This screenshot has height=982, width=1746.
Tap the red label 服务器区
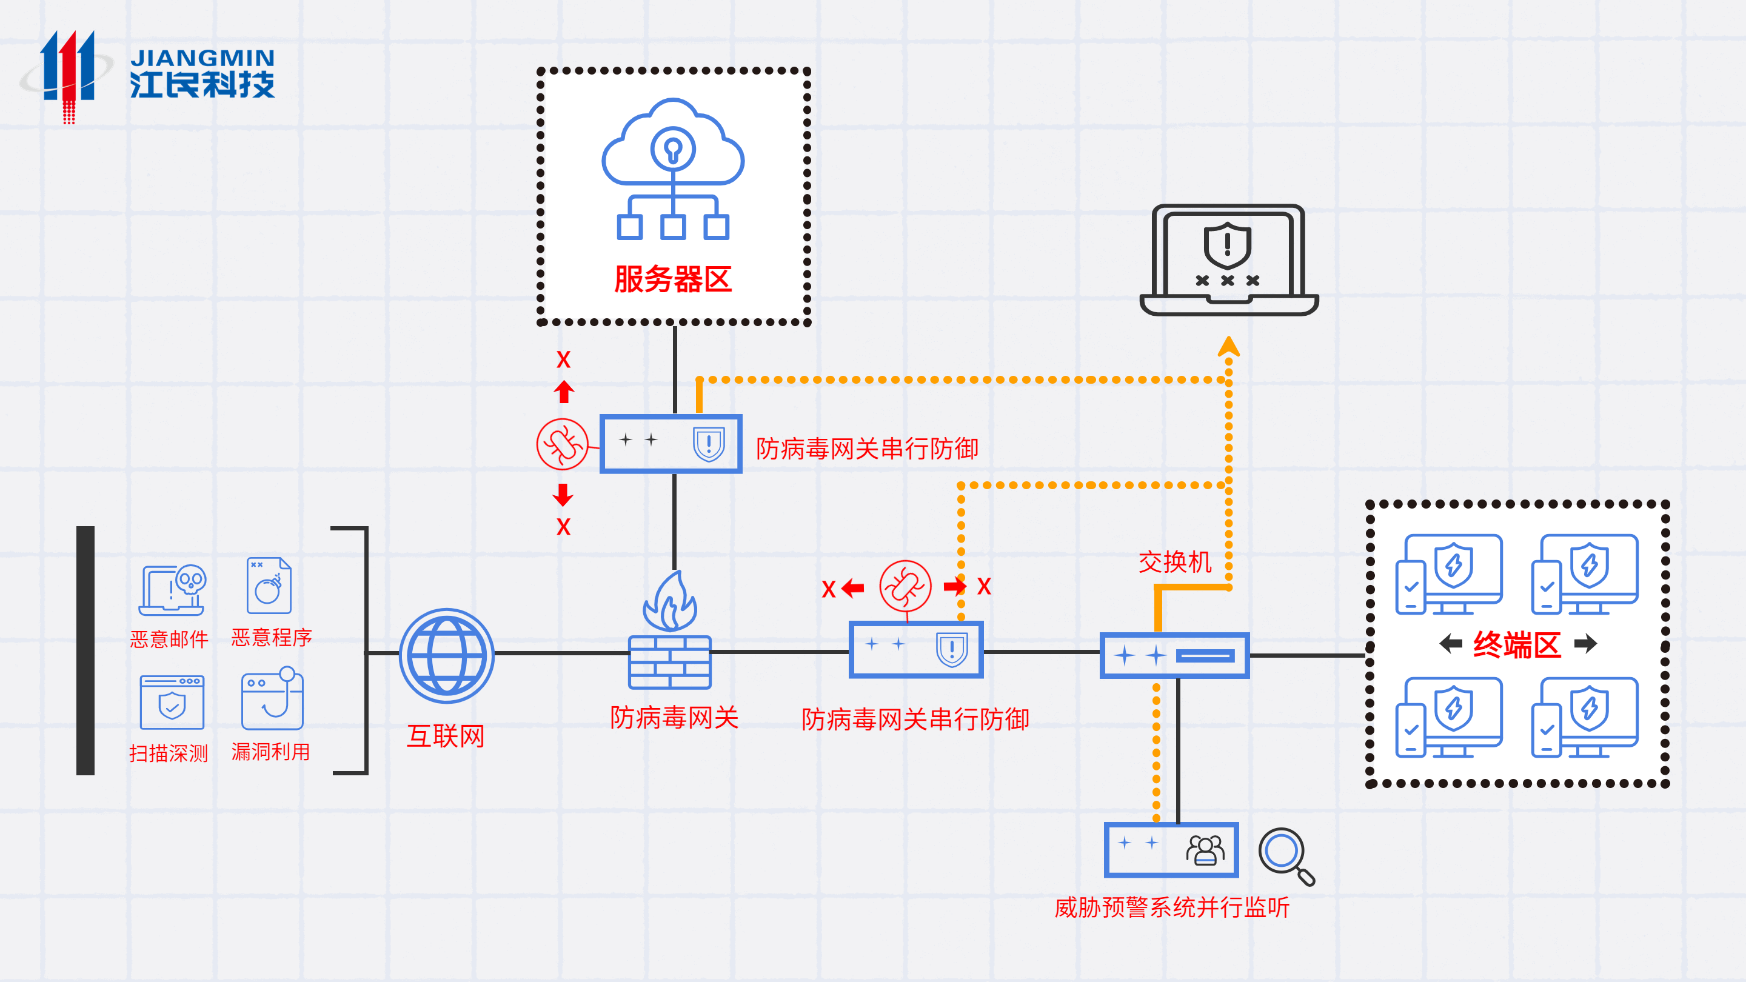pyautogui.click(x=672, y=279)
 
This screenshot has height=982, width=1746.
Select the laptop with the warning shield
pyautogui.click(x=1228, y=260)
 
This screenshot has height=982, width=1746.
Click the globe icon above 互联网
pyautogui.click(x=446, y=655)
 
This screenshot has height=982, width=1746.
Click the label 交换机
pyautogui.click(x=1175, y=563)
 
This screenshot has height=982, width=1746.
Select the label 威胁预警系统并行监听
pyautogui.click(x=1172, y=907)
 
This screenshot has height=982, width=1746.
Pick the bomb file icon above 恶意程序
pyautogui.click(x=269, y=586)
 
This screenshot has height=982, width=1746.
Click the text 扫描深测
pyautogui.click(x=168, y=753)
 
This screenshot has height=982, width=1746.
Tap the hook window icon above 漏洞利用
pyautogui.click(x=272, y=698)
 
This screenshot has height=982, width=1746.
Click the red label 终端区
pyautogui.click(x=1517, y=644)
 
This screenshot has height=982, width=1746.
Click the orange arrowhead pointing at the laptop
pyautogui.click(x=1228, y=346)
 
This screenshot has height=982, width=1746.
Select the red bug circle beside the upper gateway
pyautogui.click(x=562, y=444)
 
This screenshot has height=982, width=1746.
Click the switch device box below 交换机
pyautogui.click(x=1174, y=655)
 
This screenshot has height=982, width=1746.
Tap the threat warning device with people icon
pyautogui.click(x=1171, y=849)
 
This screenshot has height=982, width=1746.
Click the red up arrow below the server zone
pyautogui.click(x=563, y=391)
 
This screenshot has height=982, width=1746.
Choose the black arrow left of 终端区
pyautogui.click(x=1451, y=643)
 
